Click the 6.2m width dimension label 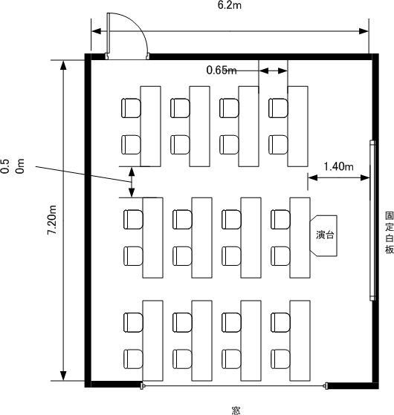tap(230, 5)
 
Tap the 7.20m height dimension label tap(52, 220)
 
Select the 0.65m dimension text tap(222, 70)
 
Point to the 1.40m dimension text tap(339, 166)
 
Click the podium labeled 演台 tap(324, 235)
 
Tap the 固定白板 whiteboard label tap(390, 233)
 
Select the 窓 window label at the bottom tap(236, 411)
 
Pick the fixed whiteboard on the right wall tap(372, 220)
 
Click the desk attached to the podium tap(300, 238)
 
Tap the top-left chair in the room tap(131, 108)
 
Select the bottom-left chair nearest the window tap(133, 359)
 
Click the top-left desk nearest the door tap(150, 126)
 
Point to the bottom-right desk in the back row tap(300, 341)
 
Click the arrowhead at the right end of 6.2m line tap(364, 31)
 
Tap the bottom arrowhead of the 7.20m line tap(63, 376)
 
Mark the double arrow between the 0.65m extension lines tap(273, 71)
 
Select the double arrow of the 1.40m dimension tap(339, 178)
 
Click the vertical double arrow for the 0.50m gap tap(132, 182)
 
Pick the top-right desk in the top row tap(298, 126)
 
